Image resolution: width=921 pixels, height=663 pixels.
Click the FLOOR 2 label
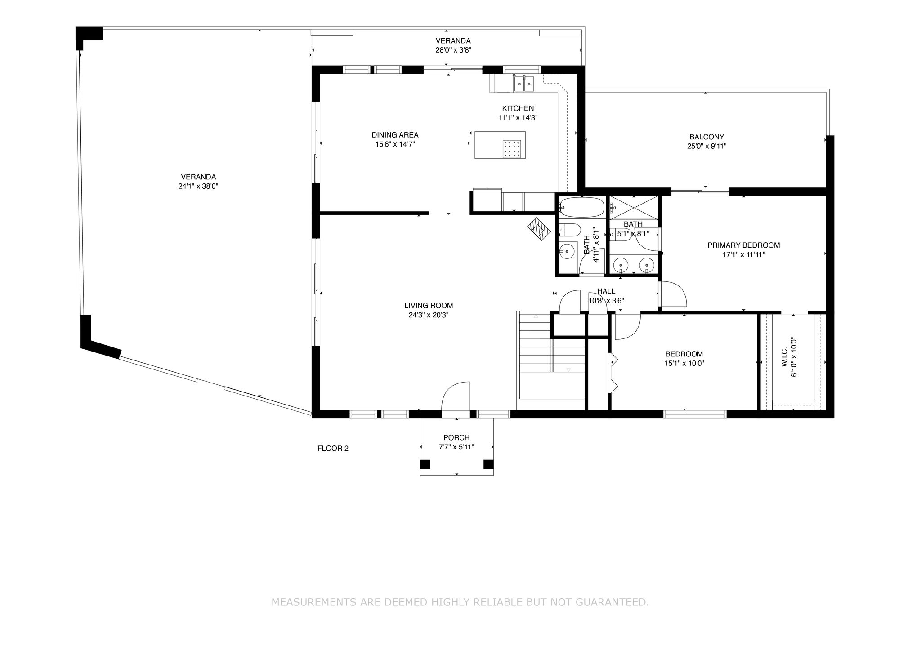333,448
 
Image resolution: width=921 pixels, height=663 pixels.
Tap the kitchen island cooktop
512,149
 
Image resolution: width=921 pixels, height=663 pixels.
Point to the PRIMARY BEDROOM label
743,245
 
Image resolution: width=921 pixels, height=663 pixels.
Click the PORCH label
456,437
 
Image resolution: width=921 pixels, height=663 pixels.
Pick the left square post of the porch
425,464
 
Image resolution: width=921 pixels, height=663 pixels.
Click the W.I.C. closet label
785,356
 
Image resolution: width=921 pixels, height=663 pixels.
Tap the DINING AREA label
395,135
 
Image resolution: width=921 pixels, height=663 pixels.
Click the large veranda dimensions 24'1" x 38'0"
198,186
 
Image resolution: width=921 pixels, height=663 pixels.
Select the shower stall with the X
634,208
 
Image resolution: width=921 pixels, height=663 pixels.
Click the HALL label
606,291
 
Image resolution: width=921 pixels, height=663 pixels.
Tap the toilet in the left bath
568,230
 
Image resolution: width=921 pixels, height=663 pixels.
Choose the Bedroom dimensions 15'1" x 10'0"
684,363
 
